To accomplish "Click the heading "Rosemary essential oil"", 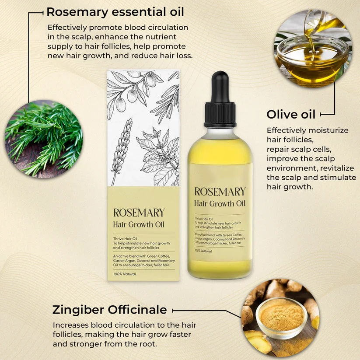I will tap(115, 11).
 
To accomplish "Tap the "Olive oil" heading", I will tap(291, 114).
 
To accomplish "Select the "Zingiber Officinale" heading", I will tap(109, 310).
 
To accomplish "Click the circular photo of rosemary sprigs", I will tap(43, 138).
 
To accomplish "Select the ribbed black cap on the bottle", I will tap(220, 114).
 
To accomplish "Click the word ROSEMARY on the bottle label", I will tap(220, 192).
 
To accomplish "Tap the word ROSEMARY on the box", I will tap(139, 213).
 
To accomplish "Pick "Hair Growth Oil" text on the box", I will tap(139, 225).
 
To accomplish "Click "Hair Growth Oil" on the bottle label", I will tap(220, 203).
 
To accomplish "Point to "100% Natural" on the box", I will tap(125, 274).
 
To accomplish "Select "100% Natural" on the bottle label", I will tap(204, 251).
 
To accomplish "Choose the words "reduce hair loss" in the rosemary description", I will tap(164, 56).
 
